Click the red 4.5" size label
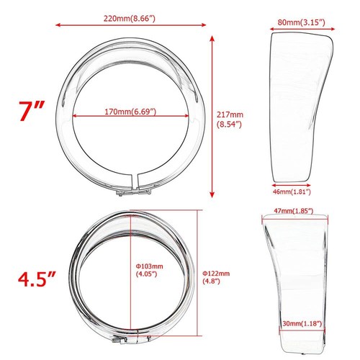[x=36, y=278]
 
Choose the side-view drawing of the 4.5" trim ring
[x=292, y=281]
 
